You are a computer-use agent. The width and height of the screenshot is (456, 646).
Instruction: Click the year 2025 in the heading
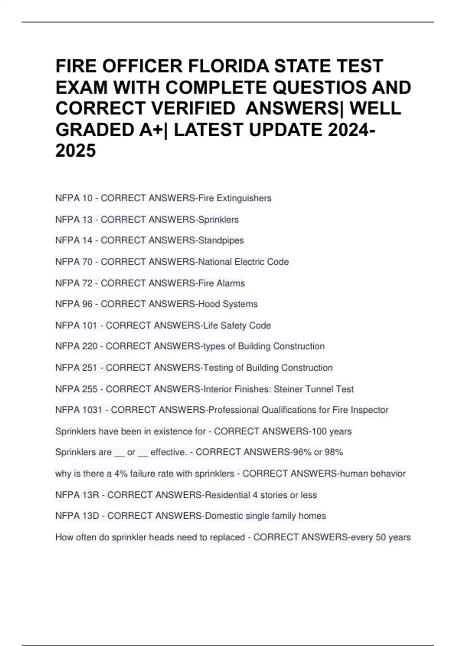tap(76, 150)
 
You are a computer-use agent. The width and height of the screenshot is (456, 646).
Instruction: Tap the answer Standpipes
tap(221, 241)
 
